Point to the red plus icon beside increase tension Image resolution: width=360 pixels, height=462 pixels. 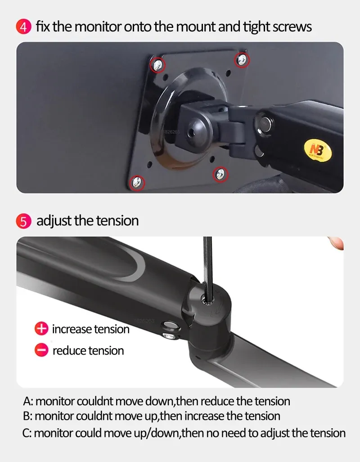tap(41, 329)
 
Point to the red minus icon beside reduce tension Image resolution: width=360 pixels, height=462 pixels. tap(41, 350)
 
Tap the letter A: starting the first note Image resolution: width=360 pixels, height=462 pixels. tap(27, 401)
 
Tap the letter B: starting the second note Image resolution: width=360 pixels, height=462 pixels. tap(27, 416)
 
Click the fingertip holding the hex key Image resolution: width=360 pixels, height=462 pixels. tap(337, 242)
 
